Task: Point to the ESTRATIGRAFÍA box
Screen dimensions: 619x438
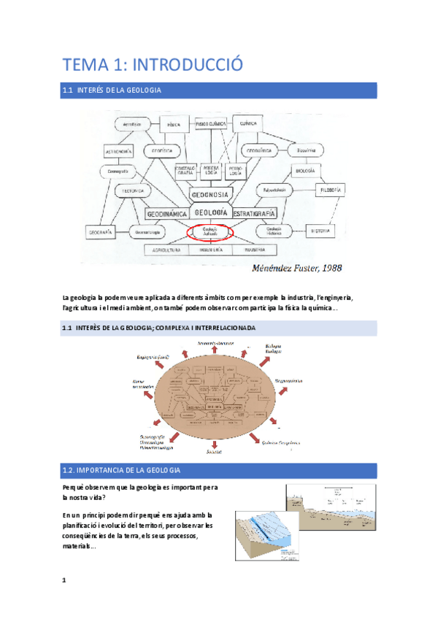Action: (253, 213)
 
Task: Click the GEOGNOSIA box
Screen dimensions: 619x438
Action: (210, 194)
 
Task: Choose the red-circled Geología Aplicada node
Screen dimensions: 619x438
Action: (210, 232)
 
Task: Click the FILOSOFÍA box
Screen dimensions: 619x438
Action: (327, 191)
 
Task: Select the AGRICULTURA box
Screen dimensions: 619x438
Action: (166, 250)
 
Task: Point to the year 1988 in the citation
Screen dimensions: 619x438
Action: (328, 268)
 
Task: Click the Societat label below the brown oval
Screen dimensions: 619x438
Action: (214, 453)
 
